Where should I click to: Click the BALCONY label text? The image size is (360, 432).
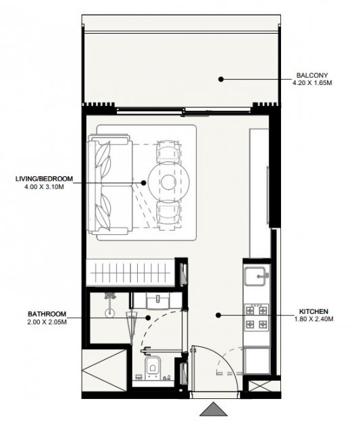point(312,75)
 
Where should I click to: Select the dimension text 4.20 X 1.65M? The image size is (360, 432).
point(312,82)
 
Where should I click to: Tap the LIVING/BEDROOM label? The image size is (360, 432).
point(44,179)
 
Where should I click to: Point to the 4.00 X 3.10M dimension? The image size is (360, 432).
point(44,187)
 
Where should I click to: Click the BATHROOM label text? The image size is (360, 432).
point(47,314)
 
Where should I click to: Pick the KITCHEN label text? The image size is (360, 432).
point(313,312)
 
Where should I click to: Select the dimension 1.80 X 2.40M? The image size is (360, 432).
point(313,319)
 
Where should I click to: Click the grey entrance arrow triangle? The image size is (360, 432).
point(213,409)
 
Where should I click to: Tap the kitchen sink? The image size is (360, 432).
point(256,276)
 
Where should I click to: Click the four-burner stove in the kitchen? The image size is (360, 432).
point(257,317)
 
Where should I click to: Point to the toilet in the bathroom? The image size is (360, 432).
point(153,366)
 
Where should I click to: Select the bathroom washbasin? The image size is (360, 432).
point(157,300)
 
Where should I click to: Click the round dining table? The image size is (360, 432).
point(168,182)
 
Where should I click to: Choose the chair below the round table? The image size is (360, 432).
point(168,214)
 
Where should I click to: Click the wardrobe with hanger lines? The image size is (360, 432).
point(130,273)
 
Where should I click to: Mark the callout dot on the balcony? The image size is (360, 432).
point(221,79)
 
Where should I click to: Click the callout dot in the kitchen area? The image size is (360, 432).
point(218,315)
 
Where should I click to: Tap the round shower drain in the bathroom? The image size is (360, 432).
point(110,313)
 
